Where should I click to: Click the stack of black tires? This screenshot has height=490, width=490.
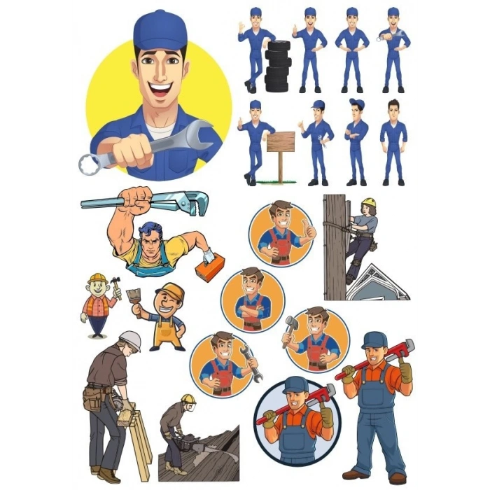pyautogui.click(x=277, y=66)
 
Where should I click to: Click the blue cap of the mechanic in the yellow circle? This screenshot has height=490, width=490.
pyautogui.click(x=160, y=30)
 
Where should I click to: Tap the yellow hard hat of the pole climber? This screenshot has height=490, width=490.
pyautogui.click(x=368, y=203)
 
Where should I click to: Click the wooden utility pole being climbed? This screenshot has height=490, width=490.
pyautogui.click(x=335, y=245)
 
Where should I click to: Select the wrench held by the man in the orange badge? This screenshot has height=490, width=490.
pyautogui.click(x=251, y=363)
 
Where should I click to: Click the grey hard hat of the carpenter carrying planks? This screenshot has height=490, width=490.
pyautogui.click(x=130, y=340)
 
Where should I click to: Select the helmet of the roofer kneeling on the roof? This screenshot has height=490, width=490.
pyautogui.click(x=188, y=400)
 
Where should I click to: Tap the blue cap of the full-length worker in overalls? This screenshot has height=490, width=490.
pyautogui.click(x=374, y=339)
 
